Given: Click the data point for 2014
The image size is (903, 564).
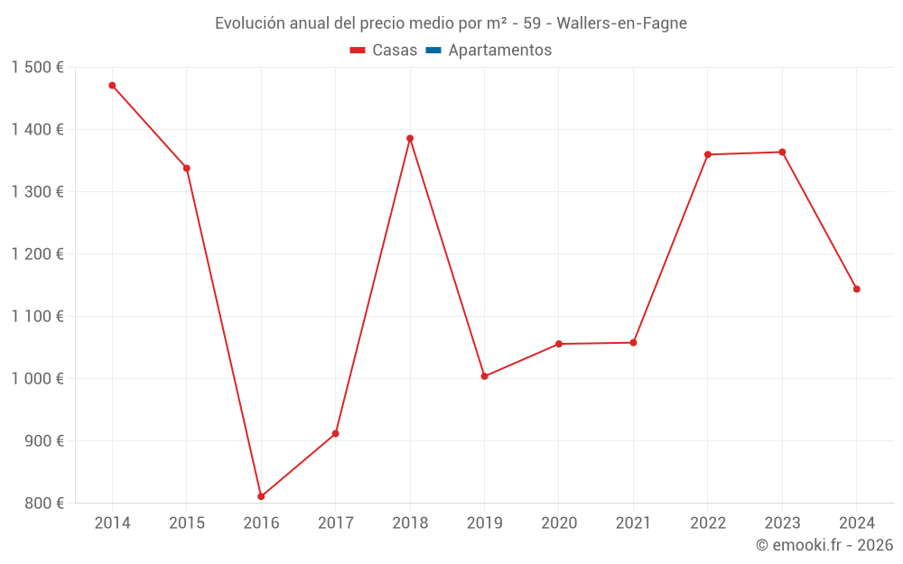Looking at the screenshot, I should click(112, 86).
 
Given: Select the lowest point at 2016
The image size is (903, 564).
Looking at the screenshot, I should click(261, 496).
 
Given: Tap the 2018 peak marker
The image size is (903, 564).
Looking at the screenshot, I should click(410, 138).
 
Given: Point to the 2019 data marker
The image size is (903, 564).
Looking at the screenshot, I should click(484, 376).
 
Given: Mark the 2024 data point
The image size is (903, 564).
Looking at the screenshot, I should click(856, 289).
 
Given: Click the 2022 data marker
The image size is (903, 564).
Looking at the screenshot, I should click(708, 154).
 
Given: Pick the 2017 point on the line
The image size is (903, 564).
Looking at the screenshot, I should click(335, 434).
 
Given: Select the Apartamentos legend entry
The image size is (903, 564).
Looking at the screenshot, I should click(499, 51).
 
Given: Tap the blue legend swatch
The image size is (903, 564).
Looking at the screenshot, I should click(433, 51).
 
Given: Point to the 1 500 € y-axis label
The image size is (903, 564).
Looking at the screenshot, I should click(38, 68).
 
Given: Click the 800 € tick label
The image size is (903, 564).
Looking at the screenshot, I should click(44, 503).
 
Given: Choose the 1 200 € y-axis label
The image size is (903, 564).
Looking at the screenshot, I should click(38, 254).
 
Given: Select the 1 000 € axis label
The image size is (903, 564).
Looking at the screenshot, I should click(38, 379).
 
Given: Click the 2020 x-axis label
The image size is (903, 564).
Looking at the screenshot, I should click(558, 523).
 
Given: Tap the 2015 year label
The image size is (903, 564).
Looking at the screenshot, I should click(187, 523).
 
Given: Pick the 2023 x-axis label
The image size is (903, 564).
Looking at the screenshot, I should click(782, 523).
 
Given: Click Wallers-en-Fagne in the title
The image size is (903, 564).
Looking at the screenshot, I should click(622, 23).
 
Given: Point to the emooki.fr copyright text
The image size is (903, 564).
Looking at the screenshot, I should click(824, 545).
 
